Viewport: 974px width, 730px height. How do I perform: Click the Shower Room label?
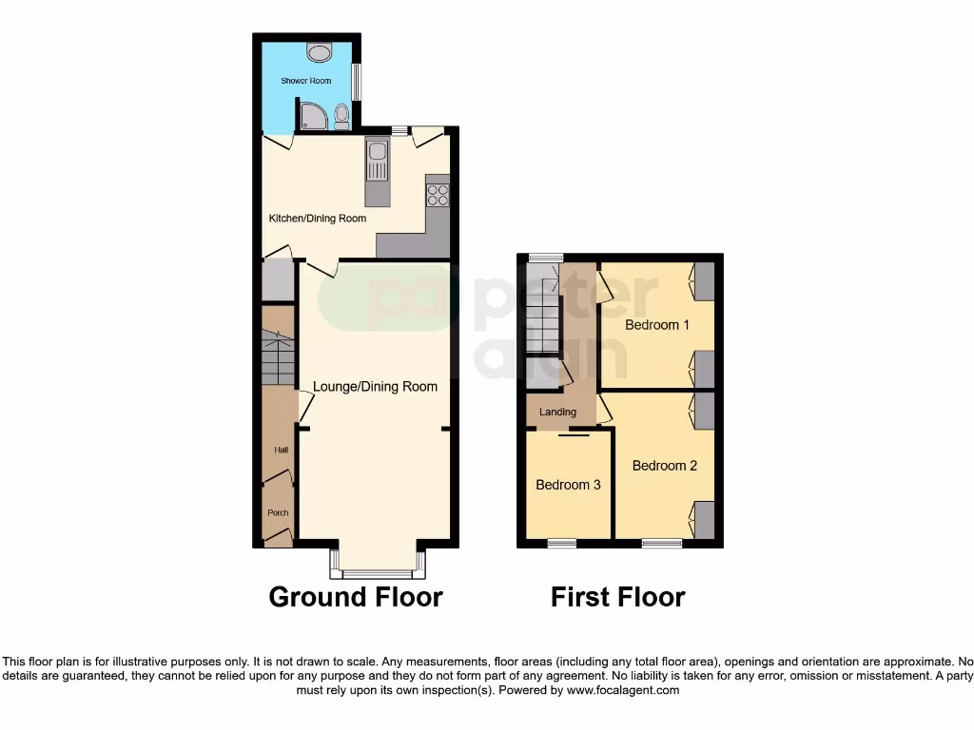[x=305, y=81]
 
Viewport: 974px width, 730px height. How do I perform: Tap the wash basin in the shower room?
[x=318, y=52]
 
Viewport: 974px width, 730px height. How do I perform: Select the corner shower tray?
[x=313, y=116]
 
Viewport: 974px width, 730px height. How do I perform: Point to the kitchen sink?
[x=377, y=160]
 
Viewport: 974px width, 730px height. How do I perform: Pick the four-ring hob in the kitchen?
[x=438, y=195]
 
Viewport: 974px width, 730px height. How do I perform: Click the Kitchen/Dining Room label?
[x=318, y=219]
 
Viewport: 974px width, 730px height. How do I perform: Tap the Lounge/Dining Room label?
[x=376, y=387]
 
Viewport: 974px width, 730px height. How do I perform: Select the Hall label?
[x=282, y=450]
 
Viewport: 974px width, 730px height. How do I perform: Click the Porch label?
[x=278, y=513]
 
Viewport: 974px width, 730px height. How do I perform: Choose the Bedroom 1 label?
[x=657, y=325]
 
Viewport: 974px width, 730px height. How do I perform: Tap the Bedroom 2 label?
[x=665, y=466]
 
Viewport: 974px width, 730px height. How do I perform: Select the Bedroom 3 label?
[x=568, y=485]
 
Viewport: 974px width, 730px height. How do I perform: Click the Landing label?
[x=558, y=413]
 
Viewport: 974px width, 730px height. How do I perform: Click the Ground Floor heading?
[x=356, y=597]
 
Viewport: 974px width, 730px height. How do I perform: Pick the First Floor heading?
[x=618, y=597]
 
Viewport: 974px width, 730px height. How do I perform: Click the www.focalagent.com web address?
[x=623, y=690]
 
